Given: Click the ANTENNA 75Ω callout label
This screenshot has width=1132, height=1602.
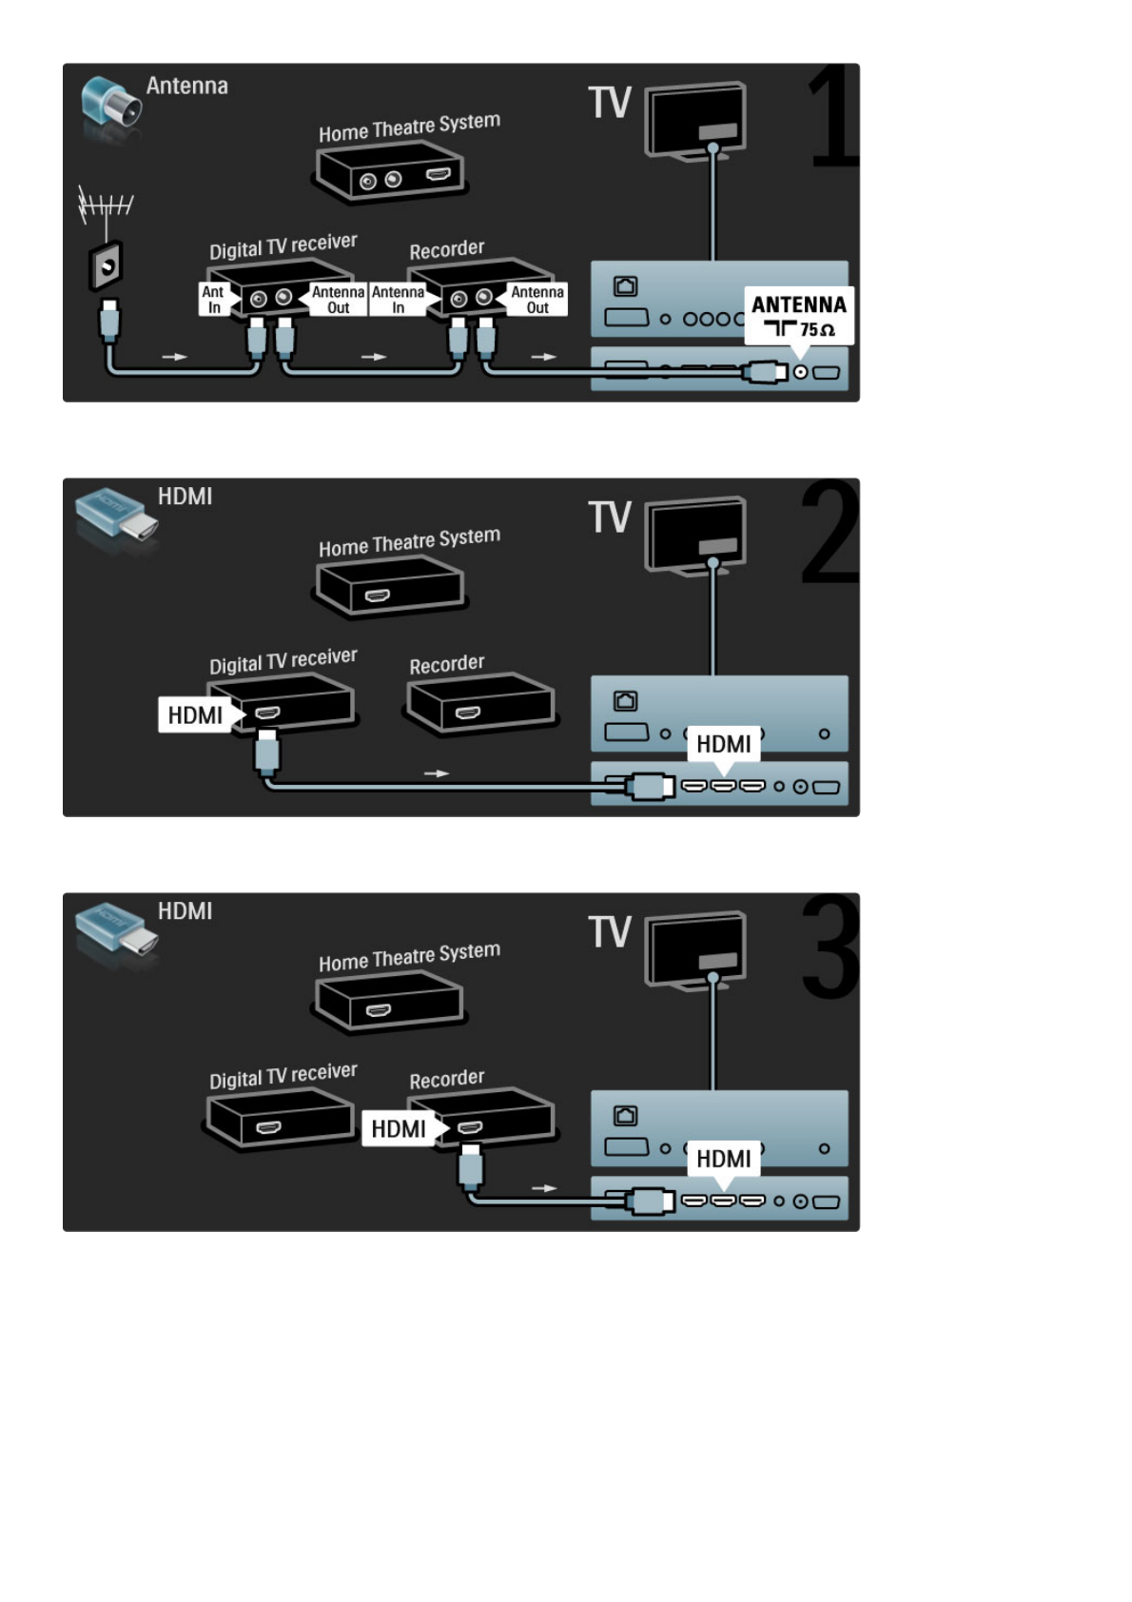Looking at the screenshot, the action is (x=798, y=315).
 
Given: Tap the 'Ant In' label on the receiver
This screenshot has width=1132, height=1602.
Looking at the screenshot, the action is (x=213, y=300).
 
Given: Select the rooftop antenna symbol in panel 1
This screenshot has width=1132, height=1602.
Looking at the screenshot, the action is (x=104, y=205).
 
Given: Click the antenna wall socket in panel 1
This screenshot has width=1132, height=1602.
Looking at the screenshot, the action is (x=106, y=267).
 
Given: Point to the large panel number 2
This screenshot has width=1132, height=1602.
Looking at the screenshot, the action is (x=829, y=533).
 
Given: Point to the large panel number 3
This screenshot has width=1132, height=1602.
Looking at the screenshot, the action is (x=829, y=948).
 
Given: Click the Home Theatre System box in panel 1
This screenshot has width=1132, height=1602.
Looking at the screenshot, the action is (x=390, y=172).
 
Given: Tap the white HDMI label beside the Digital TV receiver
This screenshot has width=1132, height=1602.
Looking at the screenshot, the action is (x=195, y=715).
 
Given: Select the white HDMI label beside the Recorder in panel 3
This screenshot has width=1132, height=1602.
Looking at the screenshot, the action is (x=399, y=1129).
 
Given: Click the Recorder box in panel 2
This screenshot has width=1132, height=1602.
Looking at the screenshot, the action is (x=481, y=704).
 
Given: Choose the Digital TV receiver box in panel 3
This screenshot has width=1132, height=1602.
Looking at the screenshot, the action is (x=278, y=1119).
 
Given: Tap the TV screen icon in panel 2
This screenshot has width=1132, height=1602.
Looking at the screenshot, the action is (x=695, y=537).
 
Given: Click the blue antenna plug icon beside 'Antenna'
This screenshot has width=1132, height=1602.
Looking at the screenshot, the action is (x=110, y=105).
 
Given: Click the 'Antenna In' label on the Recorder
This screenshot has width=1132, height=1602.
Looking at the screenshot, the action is (x=398, y=300).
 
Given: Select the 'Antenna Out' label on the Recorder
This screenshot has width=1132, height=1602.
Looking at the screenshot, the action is (x=537, y=300).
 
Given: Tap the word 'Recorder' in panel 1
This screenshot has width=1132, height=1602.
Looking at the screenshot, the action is (x=446, y=250).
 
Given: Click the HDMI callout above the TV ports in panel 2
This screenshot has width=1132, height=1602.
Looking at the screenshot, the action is (x=723, y=744).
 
